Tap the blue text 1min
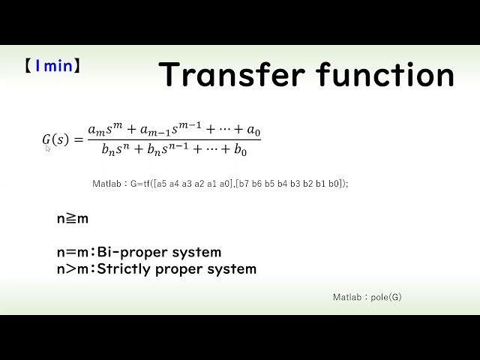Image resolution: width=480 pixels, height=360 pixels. [53, 66]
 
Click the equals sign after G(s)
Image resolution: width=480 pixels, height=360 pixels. [78, 139]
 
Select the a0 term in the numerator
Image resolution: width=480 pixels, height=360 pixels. [253, 131]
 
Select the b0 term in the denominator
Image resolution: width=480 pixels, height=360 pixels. [241, 149]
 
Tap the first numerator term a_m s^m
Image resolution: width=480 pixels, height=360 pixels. [106, 130]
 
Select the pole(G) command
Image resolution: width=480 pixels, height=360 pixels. [387, 298]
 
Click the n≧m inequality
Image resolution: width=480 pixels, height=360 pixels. [72, 219]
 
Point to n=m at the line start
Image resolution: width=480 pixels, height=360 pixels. [73, 253]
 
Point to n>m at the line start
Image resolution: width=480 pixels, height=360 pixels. [73, 268]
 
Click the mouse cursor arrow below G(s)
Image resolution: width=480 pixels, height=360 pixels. [48, 148]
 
